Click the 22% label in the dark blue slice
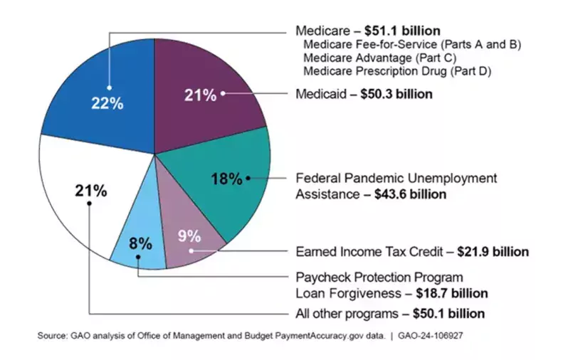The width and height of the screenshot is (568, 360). coord(107,102)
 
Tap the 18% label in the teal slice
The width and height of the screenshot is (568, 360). coord(226,179)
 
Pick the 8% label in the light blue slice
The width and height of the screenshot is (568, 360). coord(140,243)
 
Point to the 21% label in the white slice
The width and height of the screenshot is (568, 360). coord(90,191)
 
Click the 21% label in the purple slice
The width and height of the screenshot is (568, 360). coord(200,95)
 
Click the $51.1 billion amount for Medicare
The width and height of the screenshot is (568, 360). coord(402,31)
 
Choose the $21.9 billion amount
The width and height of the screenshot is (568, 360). coord(493,252)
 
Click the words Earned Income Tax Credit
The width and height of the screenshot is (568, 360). coord(369,252)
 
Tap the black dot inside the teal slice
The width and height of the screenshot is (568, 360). coord(248,177)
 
